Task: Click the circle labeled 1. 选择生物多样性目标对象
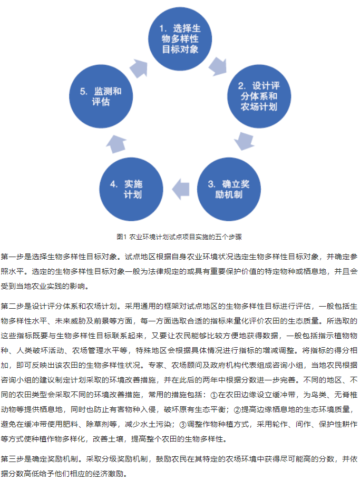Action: [x=180, y=39]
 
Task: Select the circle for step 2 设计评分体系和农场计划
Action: [x=259, y=96]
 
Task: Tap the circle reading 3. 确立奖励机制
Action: [x=229, y=189]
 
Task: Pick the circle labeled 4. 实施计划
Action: [x=131, y=189]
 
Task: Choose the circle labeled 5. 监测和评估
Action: [x=101, y=96]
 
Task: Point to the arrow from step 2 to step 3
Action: [x=244, y=141]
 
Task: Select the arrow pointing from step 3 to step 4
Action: [x=180, y=189]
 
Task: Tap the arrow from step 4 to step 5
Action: [x=116, y=144]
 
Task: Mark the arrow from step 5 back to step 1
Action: [x=139, y=68]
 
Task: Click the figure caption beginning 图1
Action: [x=179, y=237]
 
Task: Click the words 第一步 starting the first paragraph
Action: [x=12, y=257]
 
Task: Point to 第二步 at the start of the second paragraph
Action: [x=12, y=306]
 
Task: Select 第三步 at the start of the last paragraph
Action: [x=12, y=459]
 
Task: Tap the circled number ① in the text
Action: [x=214, y=395]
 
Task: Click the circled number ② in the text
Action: [x=237, y=410]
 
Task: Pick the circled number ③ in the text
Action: [x=183, y=425]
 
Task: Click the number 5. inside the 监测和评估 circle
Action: [x=84, y=92]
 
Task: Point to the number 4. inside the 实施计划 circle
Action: [x=114, y=184]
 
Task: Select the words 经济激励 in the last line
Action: [x=109, y=474]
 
